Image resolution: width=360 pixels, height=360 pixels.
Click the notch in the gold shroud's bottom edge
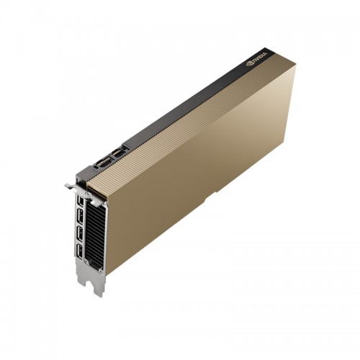[210, 197]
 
